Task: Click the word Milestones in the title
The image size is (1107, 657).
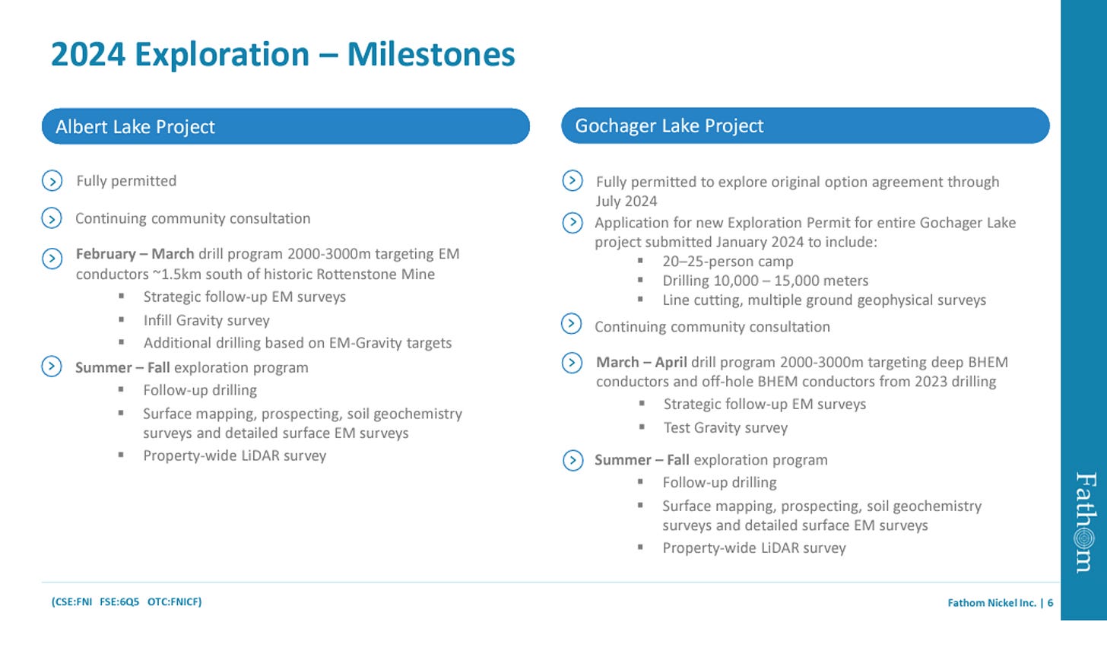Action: coord(431,54)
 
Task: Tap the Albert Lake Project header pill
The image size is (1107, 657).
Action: coord(286,126)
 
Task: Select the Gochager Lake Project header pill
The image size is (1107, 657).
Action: coord(805,125)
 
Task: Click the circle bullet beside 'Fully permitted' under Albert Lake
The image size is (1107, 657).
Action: coord(52,180)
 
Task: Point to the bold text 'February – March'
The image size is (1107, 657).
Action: coord(135,254)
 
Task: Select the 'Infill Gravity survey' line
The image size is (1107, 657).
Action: coord(207,320)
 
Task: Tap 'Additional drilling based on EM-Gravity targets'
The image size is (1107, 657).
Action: coord(297,343)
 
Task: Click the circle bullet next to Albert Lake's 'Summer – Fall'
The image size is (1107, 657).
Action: coord(52,367)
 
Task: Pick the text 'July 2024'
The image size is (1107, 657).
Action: coord(626,202)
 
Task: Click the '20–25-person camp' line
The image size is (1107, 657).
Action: coord(728,261)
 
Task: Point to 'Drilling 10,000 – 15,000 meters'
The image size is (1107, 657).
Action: coord(766,281)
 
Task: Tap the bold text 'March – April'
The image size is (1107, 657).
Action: coord(642,362)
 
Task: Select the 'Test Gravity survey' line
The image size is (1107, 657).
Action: coord(725,427)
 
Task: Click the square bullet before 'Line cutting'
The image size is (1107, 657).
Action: coord(640,299)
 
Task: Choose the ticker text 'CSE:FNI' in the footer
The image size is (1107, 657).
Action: coord(73,601)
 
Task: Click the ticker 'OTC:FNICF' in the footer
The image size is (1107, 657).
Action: coord(173,601)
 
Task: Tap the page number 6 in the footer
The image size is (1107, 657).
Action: coord(1050,602)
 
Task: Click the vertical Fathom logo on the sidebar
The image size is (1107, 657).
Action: coord(1085,522)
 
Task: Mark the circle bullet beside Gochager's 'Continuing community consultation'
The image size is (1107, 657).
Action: coord(571,323)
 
